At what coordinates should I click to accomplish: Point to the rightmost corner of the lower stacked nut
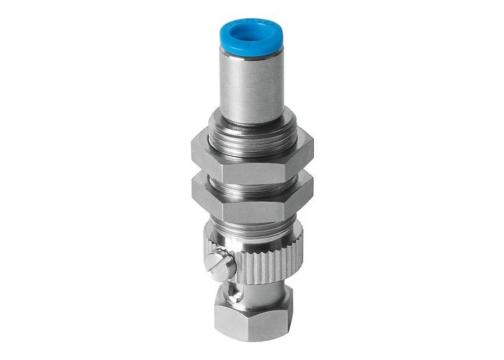[314, 189]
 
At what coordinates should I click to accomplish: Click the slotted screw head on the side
[222, 264]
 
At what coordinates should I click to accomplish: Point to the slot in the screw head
[222, 264]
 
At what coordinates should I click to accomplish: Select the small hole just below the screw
[232, 292]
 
